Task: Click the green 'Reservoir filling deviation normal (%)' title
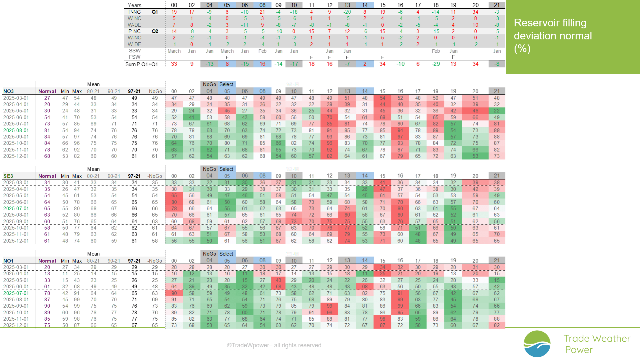coord(553,36)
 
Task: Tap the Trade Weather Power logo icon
coord(537,344)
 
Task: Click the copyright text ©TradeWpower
coord(274,345)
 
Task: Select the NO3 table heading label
coord(8,91)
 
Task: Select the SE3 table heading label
coord(8,176)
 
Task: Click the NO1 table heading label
coord(8,261)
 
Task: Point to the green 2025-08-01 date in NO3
coord(16,130)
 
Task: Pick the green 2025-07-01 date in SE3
coord(16,209)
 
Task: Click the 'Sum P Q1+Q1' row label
coord(141,64)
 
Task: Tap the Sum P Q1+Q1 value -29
coord(436,64)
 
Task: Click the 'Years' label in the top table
coord(135,5)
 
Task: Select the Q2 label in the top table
coord(155,31)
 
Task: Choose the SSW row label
coord(135,51)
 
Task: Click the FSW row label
coord(135,57)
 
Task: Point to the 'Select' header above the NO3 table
coord(226,84)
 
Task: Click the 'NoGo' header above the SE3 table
coord(209,169)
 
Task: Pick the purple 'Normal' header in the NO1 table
coord(47,261)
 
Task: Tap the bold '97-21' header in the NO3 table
coord(134,91)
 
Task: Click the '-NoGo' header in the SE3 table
coord(155,176)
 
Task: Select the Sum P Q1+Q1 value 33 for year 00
coord(174,64)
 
